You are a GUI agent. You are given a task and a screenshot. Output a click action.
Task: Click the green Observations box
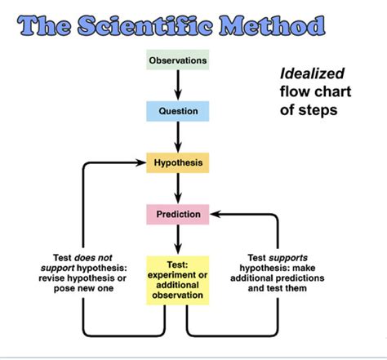click(x=177, y=60)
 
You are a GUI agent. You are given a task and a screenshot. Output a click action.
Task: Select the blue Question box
click(x=177, y=109)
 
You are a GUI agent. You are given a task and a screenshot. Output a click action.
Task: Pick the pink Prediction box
click(x=177, y=215)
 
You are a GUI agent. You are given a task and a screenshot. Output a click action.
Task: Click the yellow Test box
click(x=177, y=280)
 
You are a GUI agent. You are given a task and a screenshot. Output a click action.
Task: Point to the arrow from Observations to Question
click(x=177, y=84)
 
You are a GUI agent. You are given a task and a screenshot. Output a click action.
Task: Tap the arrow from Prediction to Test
click(x=177, y=240)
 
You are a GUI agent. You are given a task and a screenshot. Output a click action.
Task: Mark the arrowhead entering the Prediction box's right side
click(x=214, y=216)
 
